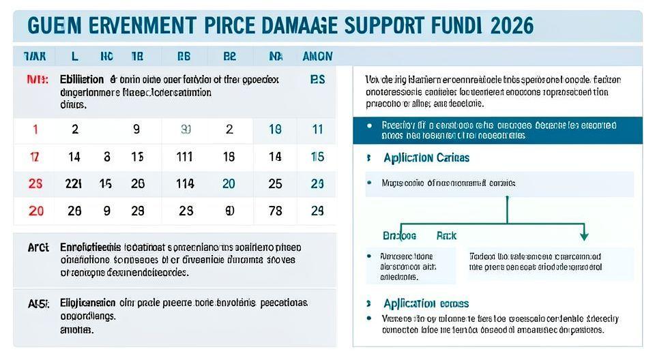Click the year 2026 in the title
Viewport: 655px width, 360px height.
(x=506, y=25)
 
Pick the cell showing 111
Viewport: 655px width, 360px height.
(x=184, y=157)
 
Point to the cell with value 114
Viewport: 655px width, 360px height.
(x=184, y=183)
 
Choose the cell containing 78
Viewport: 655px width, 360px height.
(x=275, y=211)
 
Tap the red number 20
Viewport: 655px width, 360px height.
(x=35, y=211)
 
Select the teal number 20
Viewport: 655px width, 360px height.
(x=229, y=183)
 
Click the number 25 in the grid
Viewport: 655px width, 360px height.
(x=275, y=183)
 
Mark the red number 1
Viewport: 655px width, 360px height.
(x=35, y=130)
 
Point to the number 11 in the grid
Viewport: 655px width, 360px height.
(x=317, y=130)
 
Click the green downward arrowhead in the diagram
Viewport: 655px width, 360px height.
(x=583, y=236)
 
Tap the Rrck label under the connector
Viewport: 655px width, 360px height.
(x=446, y=235)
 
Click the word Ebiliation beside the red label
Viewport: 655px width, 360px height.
(x=82, y=79)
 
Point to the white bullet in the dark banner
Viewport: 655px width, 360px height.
(x=369, y=125)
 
